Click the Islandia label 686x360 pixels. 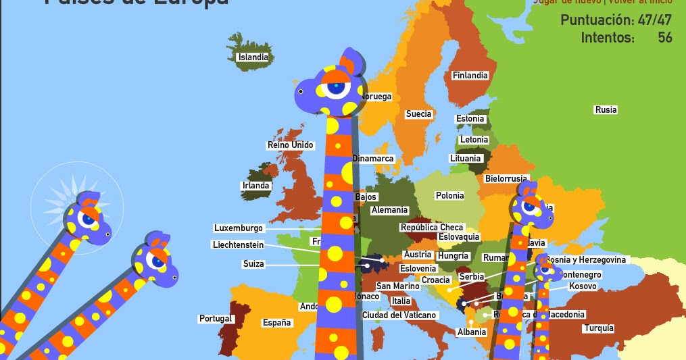pyautogui.click(x=253, y=57)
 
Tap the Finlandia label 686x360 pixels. pyautogui.click(x=470, y=76)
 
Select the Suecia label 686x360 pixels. pyautogui.click(x=418, y=114)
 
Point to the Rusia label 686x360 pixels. pyautogui.click(x=606, y=109)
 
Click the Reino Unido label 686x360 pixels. pyautogui.click(x=291, y=145)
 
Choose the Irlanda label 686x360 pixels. pyautogui.click(x=256, y=186)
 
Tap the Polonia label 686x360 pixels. pyautogui.click(x=449, y=196)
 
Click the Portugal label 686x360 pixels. pyautogui.click(x=216, y=319)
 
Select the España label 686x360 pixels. pyautogui.click(x=277, y=323)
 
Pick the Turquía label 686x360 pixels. pyautogui.click(x=599, y=328)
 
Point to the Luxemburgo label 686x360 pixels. pyautogui.click(x=239, y=228)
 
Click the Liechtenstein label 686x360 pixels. pyautogui.click(x=238, y=245)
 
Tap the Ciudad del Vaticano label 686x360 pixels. pyautogui.click(x=399, y=315)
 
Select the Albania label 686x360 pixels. pyautogui.click(x=472, y=332)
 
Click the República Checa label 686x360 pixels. pyautogui.click(x=432, y=228)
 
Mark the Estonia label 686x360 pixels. pyautogui.click(x=470, y=119)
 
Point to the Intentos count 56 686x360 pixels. pyautogui.click(x=665, y=38)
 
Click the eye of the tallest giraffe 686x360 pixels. pyautogui.click(x=336, y=88)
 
